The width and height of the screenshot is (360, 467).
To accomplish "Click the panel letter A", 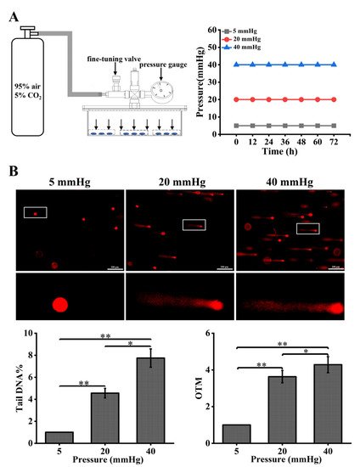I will coord(12,8).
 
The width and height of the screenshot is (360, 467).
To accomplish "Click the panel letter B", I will coord(13,170).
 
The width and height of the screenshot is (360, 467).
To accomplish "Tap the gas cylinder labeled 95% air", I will coord(30,93).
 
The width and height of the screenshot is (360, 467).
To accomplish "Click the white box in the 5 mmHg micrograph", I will coord(36,212).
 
